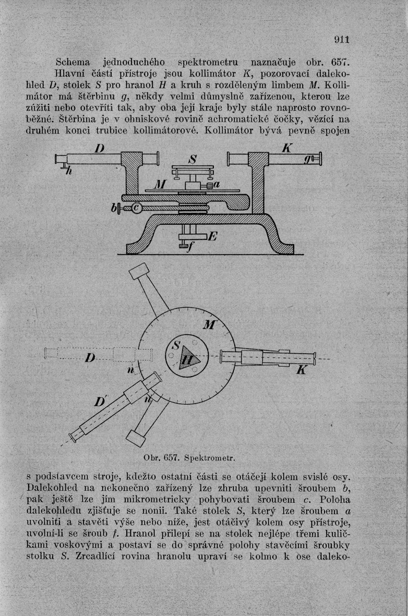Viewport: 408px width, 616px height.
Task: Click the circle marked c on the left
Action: [x=137, y=208]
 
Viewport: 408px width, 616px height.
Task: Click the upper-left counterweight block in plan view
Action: [x=139, y=272]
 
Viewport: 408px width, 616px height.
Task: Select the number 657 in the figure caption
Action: [x=171, y=458]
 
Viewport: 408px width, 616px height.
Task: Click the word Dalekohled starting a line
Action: [x=55, y=488]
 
